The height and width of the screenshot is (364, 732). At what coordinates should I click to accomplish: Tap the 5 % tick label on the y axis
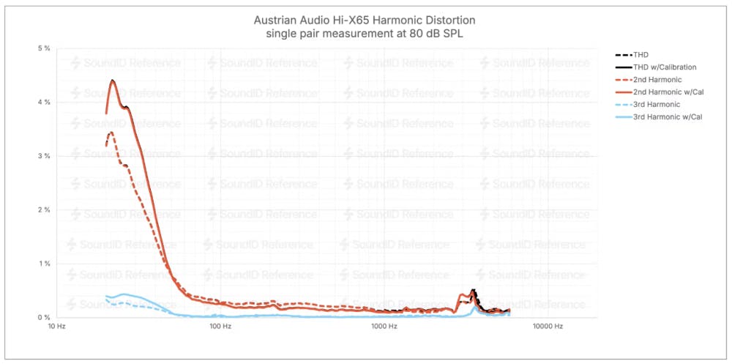point(44,48)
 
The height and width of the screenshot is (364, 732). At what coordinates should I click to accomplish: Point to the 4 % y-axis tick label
point(44,103)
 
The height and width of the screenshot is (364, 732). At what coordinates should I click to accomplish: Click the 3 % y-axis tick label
point(44,156)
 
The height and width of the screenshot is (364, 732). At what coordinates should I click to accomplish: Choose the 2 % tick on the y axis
point(44,210)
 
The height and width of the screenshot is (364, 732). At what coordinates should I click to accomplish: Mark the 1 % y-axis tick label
point(44,264)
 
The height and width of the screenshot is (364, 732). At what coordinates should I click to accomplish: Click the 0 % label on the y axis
point(44,317)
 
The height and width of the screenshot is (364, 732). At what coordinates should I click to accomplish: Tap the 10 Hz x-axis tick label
point(56,327)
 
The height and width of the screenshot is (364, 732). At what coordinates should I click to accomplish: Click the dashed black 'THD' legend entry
point(641,54)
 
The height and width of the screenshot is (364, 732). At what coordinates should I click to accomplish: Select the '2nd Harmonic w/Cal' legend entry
point(666,92)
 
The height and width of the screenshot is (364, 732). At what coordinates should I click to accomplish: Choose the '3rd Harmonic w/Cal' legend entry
point(666,116)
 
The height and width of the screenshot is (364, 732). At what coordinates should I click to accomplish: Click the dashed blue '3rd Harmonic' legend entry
point(657,104)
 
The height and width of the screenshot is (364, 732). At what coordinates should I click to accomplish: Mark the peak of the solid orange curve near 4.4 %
point(113,81)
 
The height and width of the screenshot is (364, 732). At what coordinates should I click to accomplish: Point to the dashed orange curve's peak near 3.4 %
point(111,133)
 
